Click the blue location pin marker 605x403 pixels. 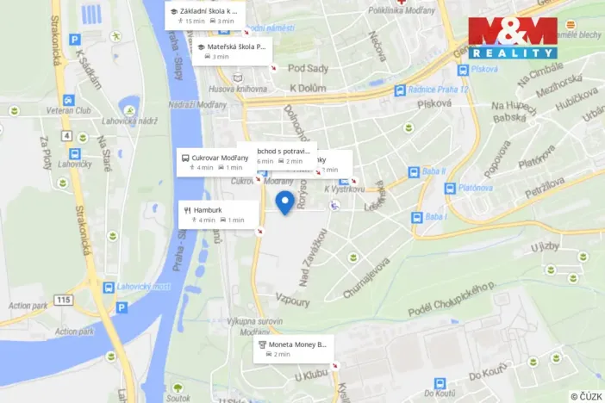point(285,203)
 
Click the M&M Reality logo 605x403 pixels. point(513,37)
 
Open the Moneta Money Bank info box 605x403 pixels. point(293,349)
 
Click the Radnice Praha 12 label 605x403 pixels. point(436,90)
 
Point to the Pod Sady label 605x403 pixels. point(308,68)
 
